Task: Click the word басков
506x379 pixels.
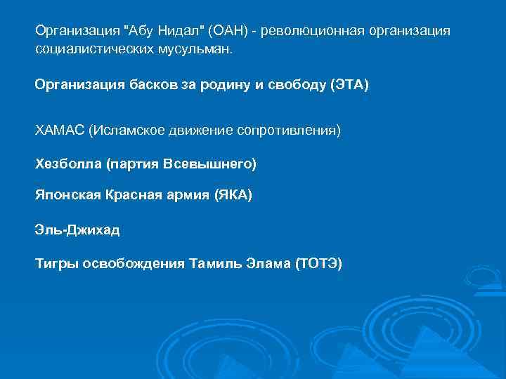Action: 149,85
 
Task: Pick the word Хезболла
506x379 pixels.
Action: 67,164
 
